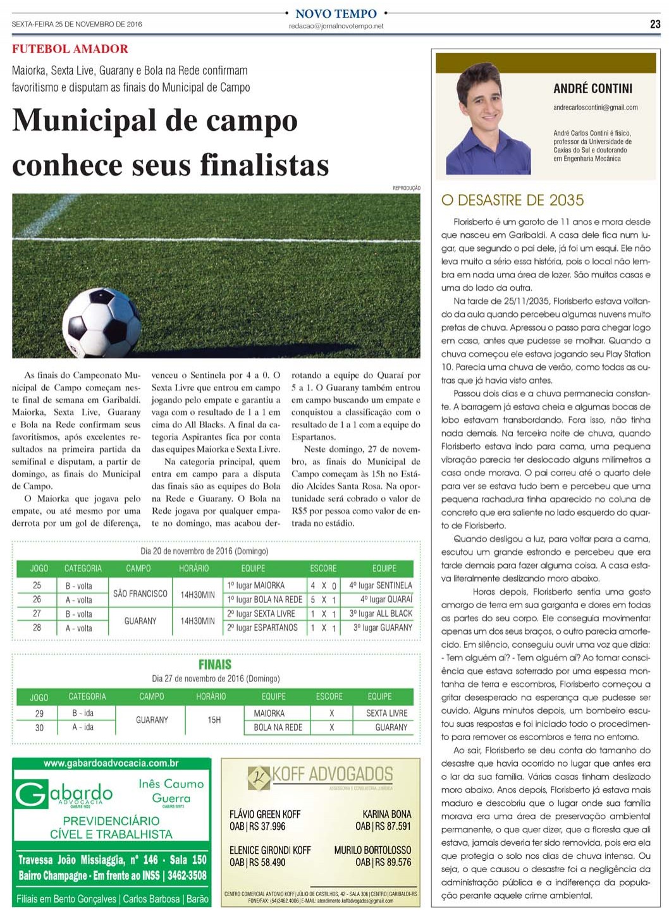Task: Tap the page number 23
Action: pyautogui.click(x=655, y=25)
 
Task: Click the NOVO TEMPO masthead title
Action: pyautogui.click(x=336, y=13)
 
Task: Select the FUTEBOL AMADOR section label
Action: pyautogui.click(x=70, y=49)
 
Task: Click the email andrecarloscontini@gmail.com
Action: pyautogui.click(x=595, y=107)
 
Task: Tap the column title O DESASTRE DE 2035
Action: pyautogui.click(x=512, y=200)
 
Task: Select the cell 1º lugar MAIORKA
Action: pyautogui.click(x=255, y=585)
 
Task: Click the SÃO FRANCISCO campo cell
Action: pyautogui.click(x=140, y=593)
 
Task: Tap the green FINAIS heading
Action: pyautogui.click(x=215, y=664)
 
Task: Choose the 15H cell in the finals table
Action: pyautogui.click(x=214, y=720)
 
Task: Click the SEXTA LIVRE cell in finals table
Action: pyautogui.click(x=386, y=713)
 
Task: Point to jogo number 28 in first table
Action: pyautogui.click(x=37, y=628)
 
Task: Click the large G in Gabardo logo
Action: pyautogui.click(x=31, y=795)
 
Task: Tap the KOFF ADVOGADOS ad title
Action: pyautogui.click(x=331, y=774)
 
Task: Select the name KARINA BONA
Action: pyautogui.click(x=386, y=814)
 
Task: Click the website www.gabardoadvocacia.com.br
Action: pyautogui.click(x=111, y=763)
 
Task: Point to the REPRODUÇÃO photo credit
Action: pyautogui.click(x=406, y=188)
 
